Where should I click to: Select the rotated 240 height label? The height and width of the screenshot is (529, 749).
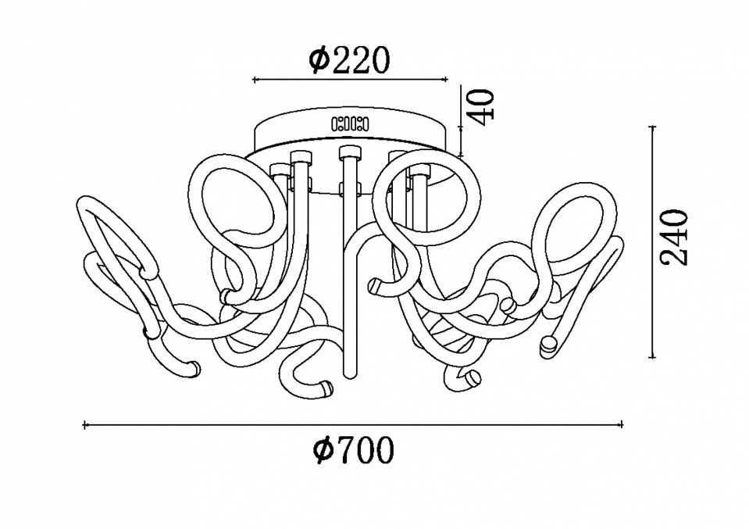point(673,237)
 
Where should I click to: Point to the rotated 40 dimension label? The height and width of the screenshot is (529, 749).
point(480,107)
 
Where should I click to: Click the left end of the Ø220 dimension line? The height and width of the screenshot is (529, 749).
point(254,80)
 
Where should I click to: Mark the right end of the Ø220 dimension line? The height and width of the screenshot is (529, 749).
point(446,80)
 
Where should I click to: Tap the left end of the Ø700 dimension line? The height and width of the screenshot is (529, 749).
point(85,424)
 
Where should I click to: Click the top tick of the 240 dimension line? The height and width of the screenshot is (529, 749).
point(653,127)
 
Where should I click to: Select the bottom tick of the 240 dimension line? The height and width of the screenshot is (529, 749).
point(653,356)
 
